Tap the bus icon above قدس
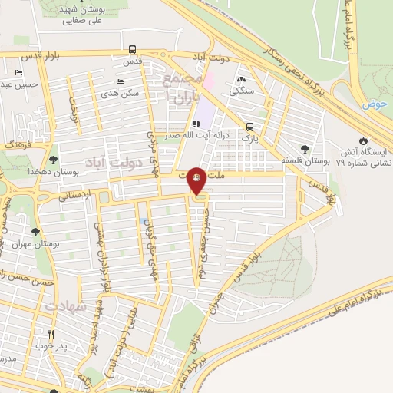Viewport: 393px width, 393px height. coord(133,48)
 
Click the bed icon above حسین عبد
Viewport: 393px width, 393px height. coord(18,73)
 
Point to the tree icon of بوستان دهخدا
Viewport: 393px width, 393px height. coord(52,160)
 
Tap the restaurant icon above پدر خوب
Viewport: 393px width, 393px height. coord(51,334)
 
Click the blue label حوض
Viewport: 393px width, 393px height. coord(375,103)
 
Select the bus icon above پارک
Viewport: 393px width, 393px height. coord(249,127)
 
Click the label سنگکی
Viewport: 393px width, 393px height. coord(242,90)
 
